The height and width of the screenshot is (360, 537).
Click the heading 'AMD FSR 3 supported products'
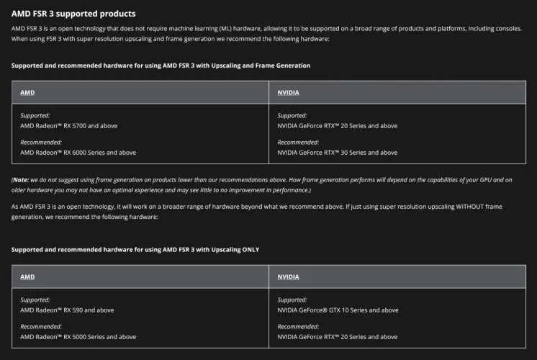coord(73,14)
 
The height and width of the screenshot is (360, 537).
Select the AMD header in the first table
coord(27,93)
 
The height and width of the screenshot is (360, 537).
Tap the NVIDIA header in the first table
coord(289,93)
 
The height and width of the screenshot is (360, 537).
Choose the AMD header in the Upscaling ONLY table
coord(27,276)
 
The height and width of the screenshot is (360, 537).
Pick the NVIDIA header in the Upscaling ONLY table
coord(289,276)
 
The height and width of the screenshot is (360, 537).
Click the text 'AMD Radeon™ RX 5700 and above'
coord(68,125)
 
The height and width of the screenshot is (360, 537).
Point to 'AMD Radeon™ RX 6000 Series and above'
coord(78,153)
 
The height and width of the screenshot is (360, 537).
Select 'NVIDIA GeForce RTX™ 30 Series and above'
coord(337,153)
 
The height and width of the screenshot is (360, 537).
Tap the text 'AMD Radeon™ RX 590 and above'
coord(67,310)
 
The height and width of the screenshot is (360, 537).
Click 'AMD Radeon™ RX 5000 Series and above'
coord(78,337)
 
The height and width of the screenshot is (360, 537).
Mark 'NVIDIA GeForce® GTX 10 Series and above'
coord(338,310)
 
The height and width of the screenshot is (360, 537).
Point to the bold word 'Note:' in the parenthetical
coord(21,179)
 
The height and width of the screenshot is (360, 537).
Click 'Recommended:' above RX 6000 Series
coord(41,142)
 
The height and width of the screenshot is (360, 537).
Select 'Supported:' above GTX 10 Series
coord(292,300)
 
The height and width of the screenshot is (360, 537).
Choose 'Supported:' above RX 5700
coord(35,115)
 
